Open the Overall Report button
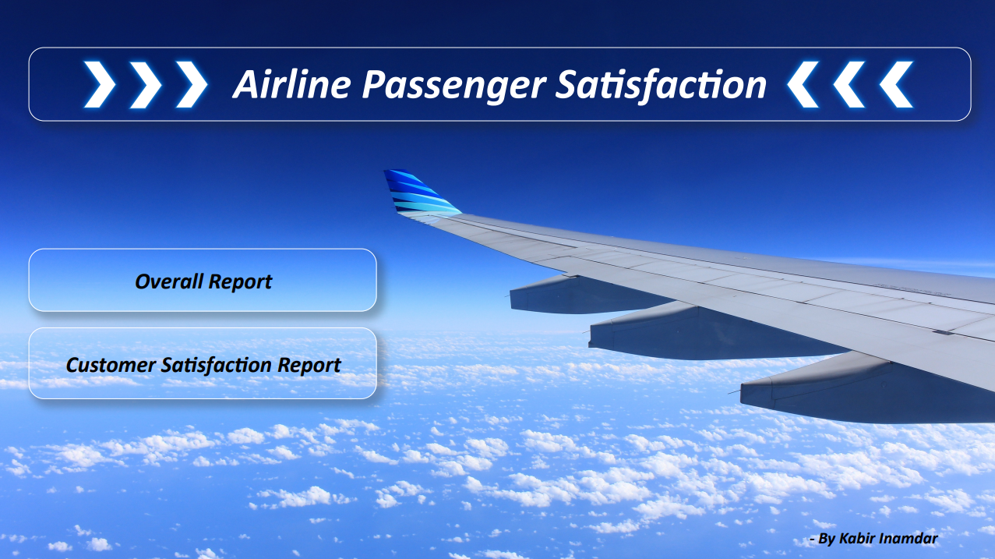pos(203,280)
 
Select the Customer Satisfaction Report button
pos(203,363)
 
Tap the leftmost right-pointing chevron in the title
pos(100,84)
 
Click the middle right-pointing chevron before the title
pos(146,84)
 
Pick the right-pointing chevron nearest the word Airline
pos(192,84)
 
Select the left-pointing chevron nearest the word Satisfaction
pos(803,84)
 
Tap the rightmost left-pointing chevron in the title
pos(896,84)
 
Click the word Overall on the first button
pos(169,281)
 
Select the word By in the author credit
pos(827,539)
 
